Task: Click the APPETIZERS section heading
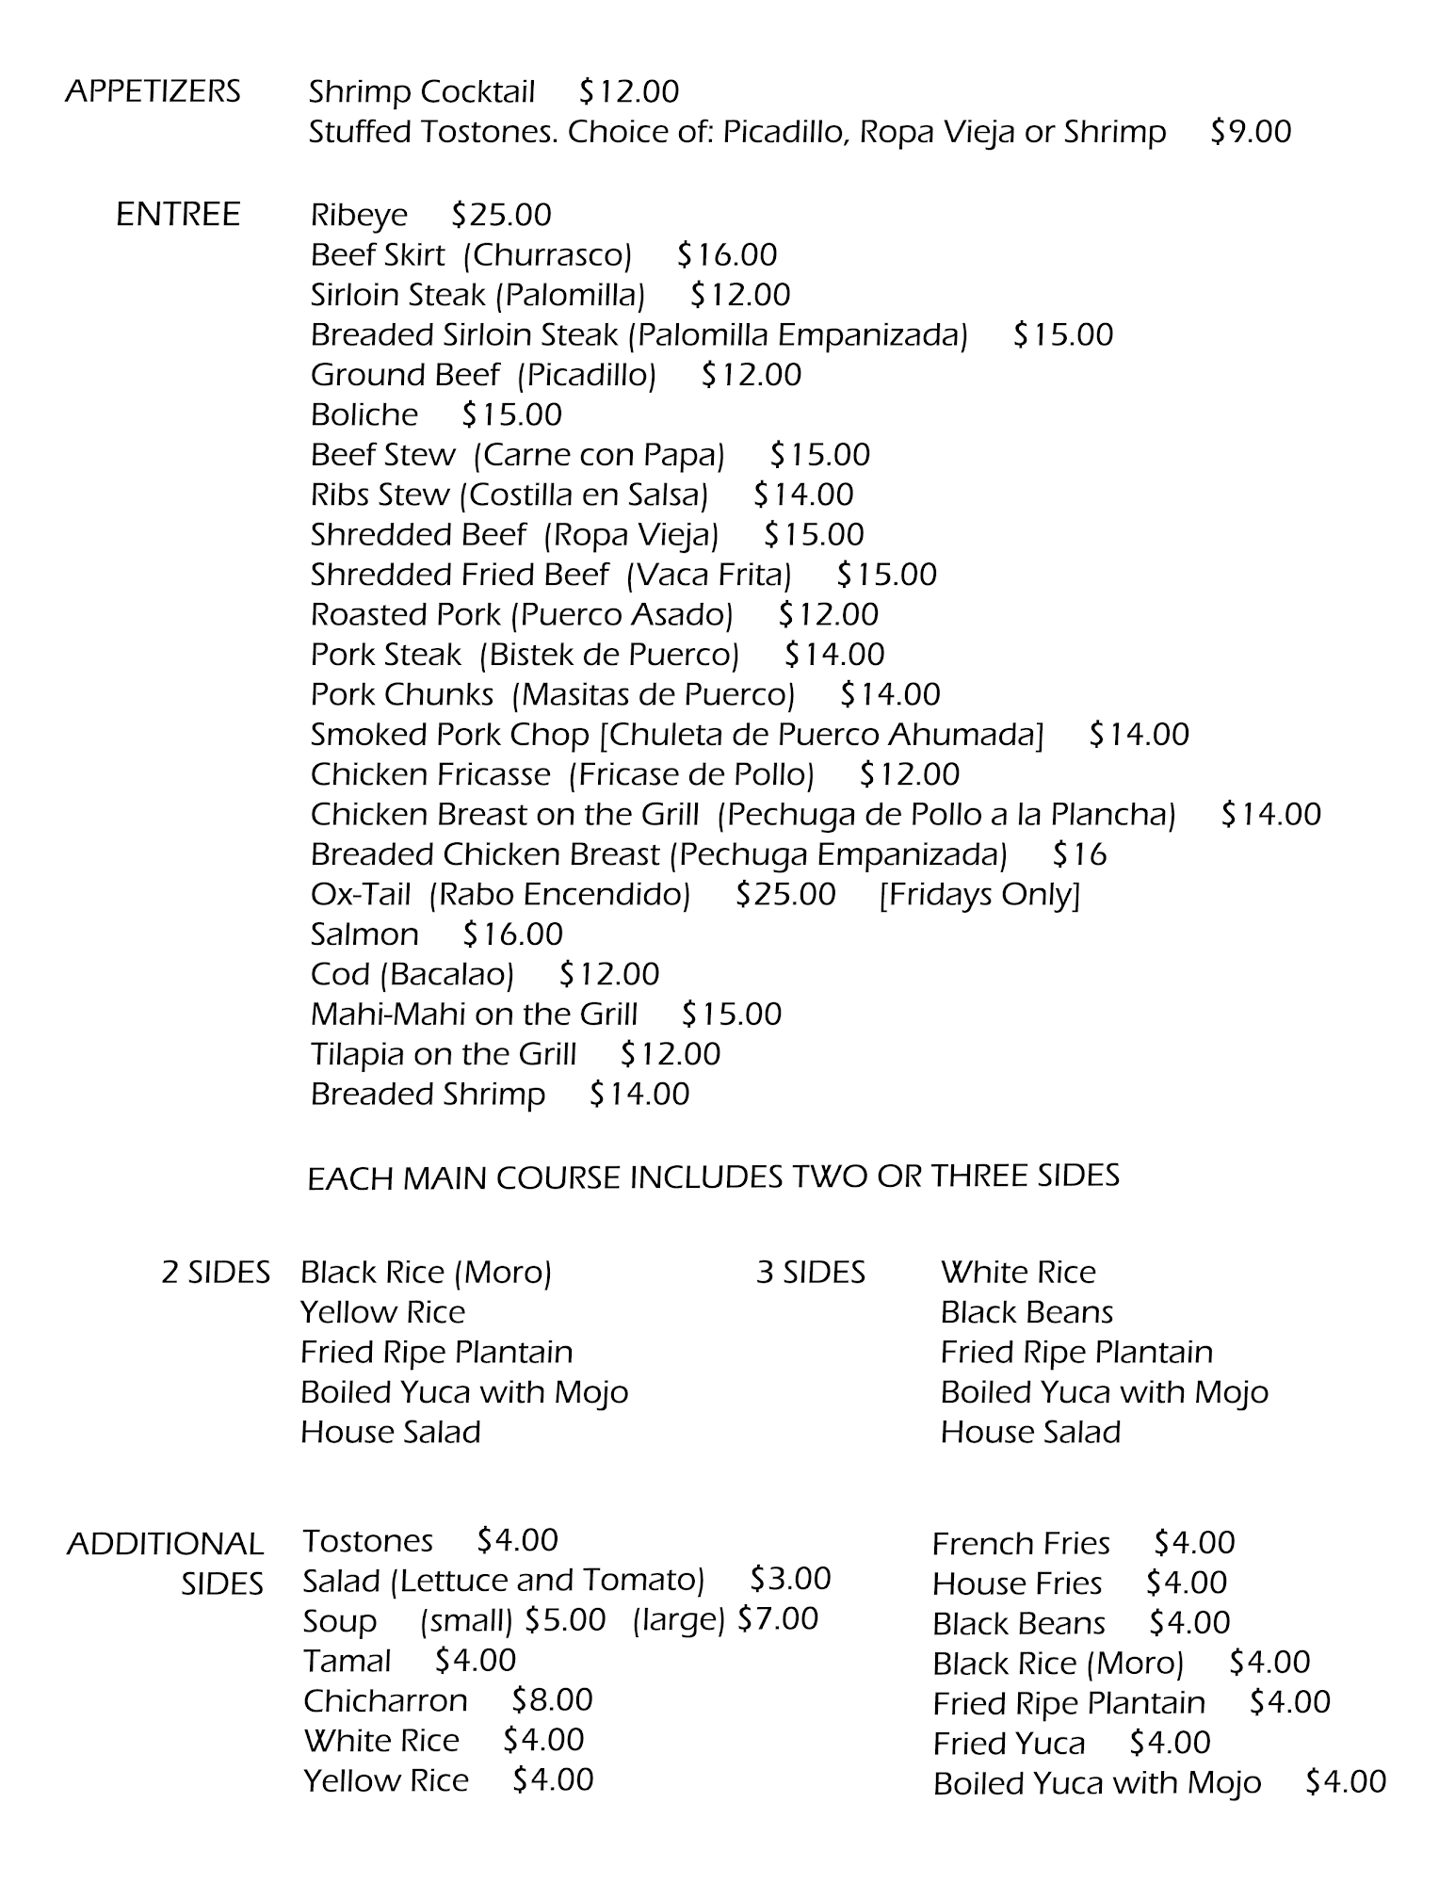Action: (x=153, y=91)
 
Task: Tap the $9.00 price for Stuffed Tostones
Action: (x=1251, y=132)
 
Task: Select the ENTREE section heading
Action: (x=177, y=215)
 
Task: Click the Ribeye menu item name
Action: (x=359, y=216)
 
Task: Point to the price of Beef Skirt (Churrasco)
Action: (x=727, y=255)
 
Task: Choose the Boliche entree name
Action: (x=364, y=414)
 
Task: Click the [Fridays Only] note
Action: (x=979, y=894)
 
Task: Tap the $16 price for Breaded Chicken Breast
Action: (x=1079, y=854)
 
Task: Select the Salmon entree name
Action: (x=364, y=934)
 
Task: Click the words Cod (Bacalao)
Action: (x=412, y=974)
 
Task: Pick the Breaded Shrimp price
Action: (x=639, y=1094)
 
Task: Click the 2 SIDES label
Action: (x=216, y=1273)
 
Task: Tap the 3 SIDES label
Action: (x=810, y=1273)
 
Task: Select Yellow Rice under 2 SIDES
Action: (x=382, y=1312)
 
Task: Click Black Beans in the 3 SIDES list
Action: (x=1027, y=1312)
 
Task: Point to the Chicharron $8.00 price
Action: (x=552, y=1700)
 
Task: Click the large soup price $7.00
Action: (x=778, y=1619)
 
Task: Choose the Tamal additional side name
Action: (x=347, y=1661)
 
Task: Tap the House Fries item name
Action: (x=1017, y=1584)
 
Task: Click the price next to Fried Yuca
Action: (x=1170, y=1744)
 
